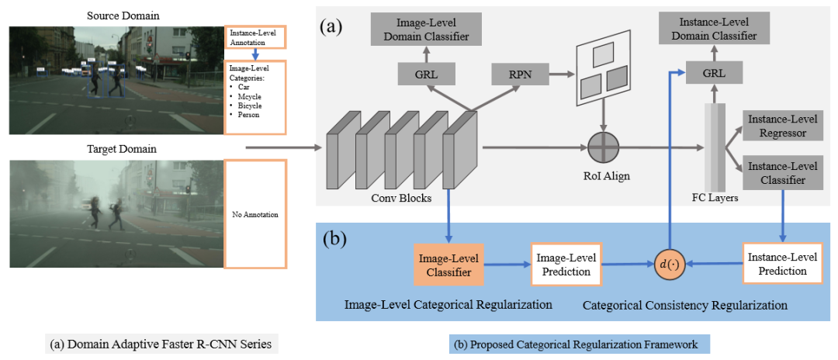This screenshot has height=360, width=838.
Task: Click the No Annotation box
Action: pyautogui.click(x=255, y=213)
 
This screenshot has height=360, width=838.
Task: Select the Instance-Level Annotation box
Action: pyautogui.click(x=255, y=37)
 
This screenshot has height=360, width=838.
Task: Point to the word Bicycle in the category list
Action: pyautogui.click(x=250, y=105)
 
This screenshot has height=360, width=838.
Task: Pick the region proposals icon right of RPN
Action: pyautogui.click(x=601, y=73)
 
